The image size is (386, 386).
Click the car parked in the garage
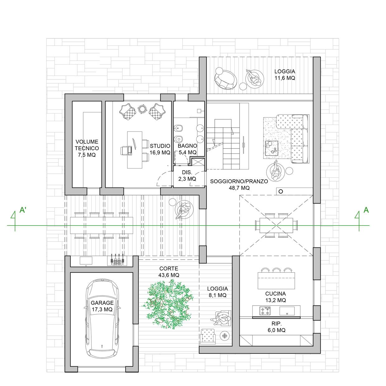coord(102,319)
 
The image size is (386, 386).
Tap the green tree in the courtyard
coord(168,305)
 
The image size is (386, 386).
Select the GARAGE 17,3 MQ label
coord(102,306)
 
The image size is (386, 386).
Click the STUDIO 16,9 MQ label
coord(160,149)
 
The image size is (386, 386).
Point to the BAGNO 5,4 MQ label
coord(188,149)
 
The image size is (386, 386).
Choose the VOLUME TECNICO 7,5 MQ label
coord(87,148)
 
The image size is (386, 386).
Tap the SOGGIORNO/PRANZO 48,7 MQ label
coord(239,185)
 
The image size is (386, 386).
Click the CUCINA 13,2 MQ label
coord(275,297)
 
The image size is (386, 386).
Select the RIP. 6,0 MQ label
coord(277,327)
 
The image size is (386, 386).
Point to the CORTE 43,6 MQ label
coord(169,272)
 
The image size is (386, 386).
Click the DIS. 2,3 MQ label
coord(187,175)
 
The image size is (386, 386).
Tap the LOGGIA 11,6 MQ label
coord(285,75)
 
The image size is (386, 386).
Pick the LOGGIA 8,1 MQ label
coord(217,292)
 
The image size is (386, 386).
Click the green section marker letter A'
coord(23,210)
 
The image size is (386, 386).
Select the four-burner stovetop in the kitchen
coord(265,311)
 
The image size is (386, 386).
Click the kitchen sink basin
coord(287,311)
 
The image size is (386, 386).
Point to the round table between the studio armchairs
coord(142,109)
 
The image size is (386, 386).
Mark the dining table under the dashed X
coord(276,225)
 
